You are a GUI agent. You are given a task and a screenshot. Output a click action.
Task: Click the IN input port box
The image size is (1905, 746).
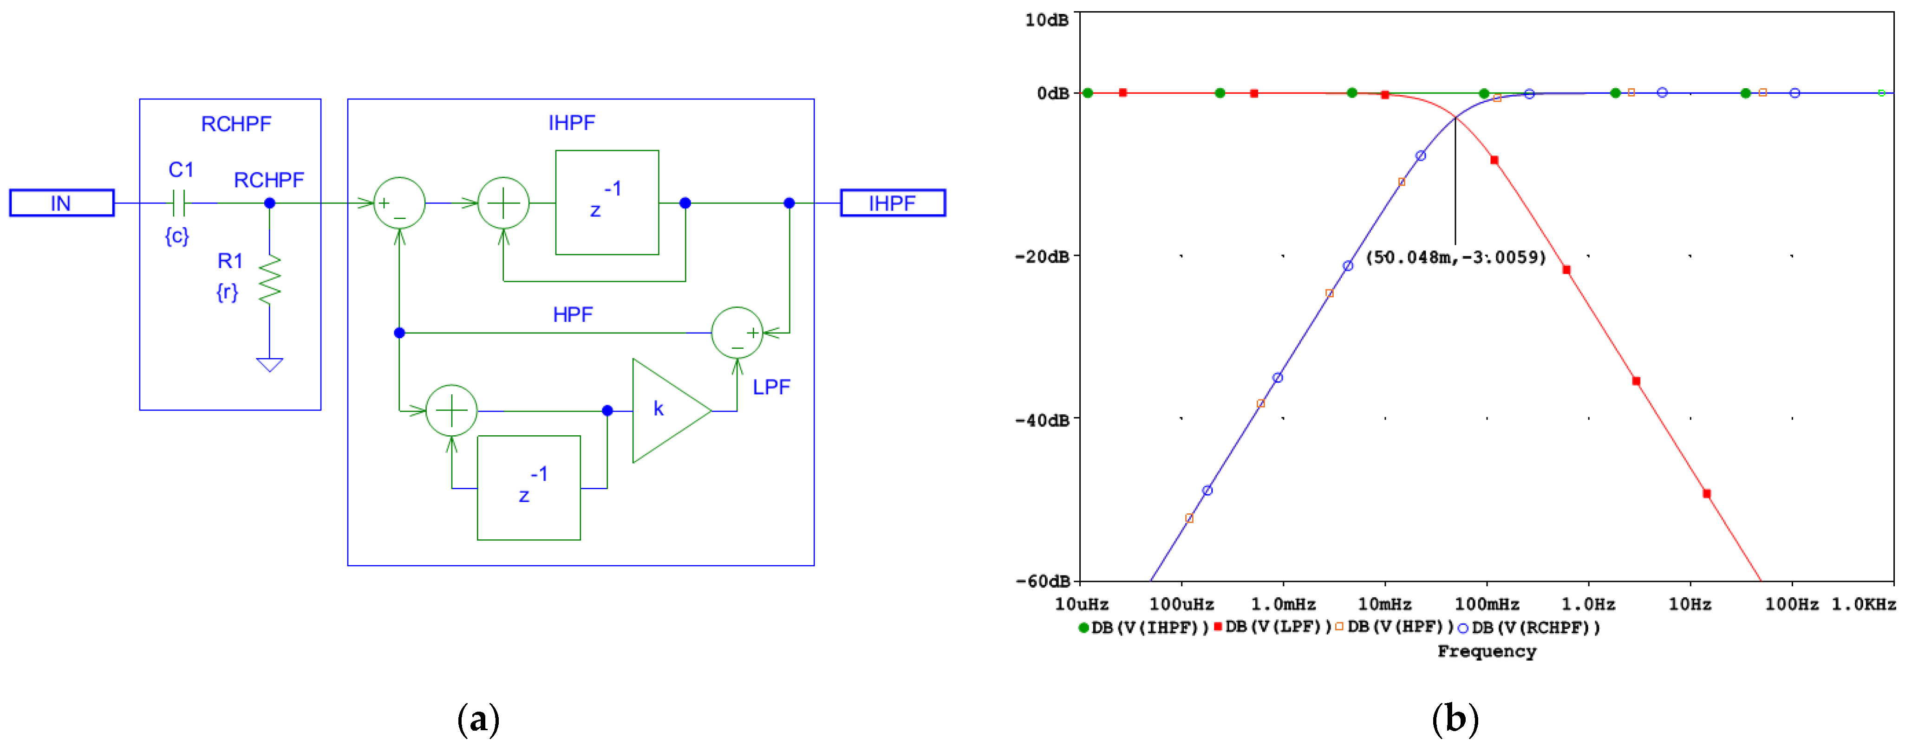click(x=61, y=203)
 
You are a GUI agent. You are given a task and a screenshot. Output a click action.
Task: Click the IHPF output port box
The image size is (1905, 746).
click(x=893, y=203)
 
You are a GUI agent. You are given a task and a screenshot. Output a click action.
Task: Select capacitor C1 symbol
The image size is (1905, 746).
click(x=179, y=202)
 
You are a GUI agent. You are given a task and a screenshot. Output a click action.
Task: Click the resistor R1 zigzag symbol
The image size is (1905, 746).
click(x=270, y=280)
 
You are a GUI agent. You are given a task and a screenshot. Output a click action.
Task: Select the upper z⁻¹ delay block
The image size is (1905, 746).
click(x=607, y=202)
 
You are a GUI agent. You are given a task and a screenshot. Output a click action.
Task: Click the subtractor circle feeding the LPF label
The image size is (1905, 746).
click(x=737, y=333)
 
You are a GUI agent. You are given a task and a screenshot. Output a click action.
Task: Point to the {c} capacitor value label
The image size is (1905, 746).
click(x=177, y=236)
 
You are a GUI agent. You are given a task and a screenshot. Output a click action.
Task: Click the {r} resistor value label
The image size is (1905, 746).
click(x=227, y=292)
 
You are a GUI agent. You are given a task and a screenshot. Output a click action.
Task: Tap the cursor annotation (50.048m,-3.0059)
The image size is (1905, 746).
click(x=1455, y=257)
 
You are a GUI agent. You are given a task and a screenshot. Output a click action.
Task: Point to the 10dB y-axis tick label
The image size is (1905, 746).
click(x=1046, y=20)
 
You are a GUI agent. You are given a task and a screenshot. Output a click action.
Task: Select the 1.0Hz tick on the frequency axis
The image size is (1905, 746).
click(x=1588, y=604)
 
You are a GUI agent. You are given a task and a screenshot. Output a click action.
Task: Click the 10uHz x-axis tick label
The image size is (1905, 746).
click(x=1081, y=604)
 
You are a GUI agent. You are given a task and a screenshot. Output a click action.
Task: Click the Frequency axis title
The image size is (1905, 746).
click(x=1487, y=651)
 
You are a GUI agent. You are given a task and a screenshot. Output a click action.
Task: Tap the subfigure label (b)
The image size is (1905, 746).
click(x=1455, y=719)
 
